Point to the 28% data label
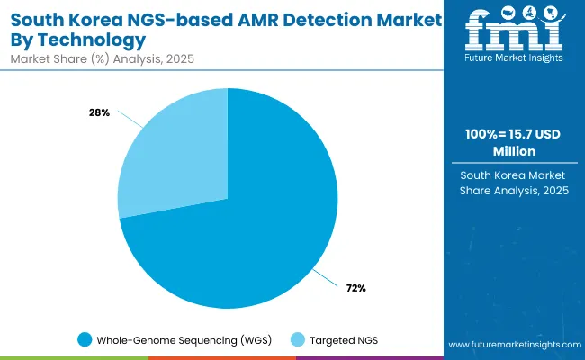tap(98, 112)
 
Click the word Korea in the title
tap(96, 18)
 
